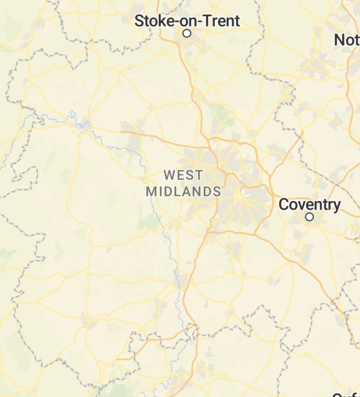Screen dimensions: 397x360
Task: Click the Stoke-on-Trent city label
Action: (x=187, y=21)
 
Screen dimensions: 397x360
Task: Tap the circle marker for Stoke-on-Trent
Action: (x=186, y=34)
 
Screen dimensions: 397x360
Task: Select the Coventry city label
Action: (x=310, y=204)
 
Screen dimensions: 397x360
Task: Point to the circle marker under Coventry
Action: (x=310, y=217)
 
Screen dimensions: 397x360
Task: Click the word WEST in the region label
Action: (x=184, y=175)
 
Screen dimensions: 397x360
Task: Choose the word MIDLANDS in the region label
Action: (x=184, y=192)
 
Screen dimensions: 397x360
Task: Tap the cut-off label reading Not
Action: (x=347, y=40)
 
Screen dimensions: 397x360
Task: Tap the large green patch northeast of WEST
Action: (x=220, y=114)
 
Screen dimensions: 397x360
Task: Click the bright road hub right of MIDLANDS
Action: (x=240, y=195)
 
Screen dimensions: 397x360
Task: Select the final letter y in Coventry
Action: (x=336, y=206)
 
